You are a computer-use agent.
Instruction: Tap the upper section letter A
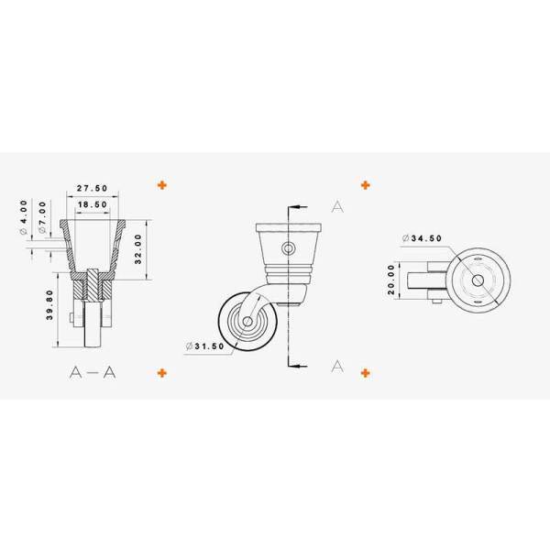tap(336, 207)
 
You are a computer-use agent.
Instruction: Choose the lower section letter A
tap(336, 366)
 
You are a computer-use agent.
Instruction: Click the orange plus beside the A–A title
tap(162, 372)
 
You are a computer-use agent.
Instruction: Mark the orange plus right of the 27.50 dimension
tap(162, 184)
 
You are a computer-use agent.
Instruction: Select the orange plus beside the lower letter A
tap(366, 372)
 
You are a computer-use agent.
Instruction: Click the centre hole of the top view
tap(476, 279)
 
